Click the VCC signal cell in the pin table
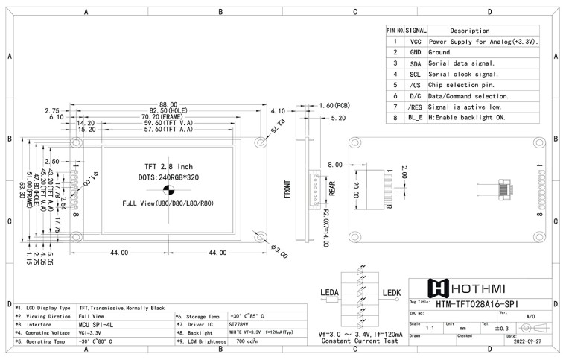[416, 42]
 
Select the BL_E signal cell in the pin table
[416, 118]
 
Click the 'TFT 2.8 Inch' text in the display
[168, 166]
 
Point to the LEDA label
[330, 291]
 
